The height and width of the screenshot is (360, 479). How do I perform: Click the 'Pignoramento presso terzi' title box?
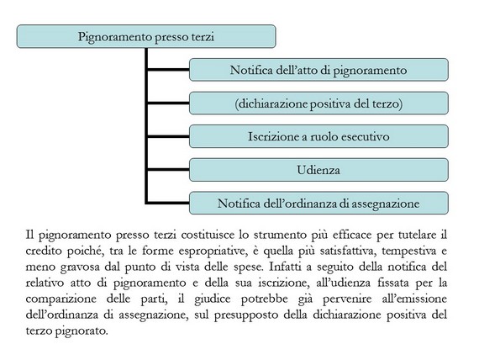[146, 36]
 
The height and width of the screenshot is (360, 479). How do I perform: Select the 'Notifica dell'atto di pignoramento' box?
[318, 70]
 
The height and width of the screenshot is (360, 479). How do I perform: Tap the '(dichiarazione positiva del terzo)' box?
[318, 103]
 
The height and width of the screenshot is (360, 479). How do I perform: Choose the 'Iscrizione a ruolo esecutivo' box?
[318, 136]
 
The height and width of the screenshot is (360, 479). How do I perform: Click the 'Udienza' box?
[318, 170]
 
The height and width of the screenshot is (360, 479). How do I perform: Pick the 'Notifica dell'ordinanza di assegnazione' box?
[318, 203]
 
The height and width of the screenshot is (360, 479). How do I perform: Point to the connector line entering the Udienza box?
[168, 169]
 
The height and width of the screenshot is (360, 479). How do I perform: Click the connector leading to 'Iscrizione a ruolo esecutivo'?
[168, 136]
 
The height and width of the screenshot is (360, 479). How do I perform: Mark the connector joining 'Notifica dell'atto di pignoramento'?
[168, 70]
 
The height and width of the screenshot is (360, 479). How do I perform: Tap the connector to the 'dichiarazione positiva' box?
[168, 103]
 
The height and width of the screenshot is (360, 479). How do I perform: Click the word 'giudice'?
[213, 299]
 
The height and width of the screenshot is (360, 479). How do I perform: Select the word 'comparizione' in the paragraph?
[61, 299]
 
